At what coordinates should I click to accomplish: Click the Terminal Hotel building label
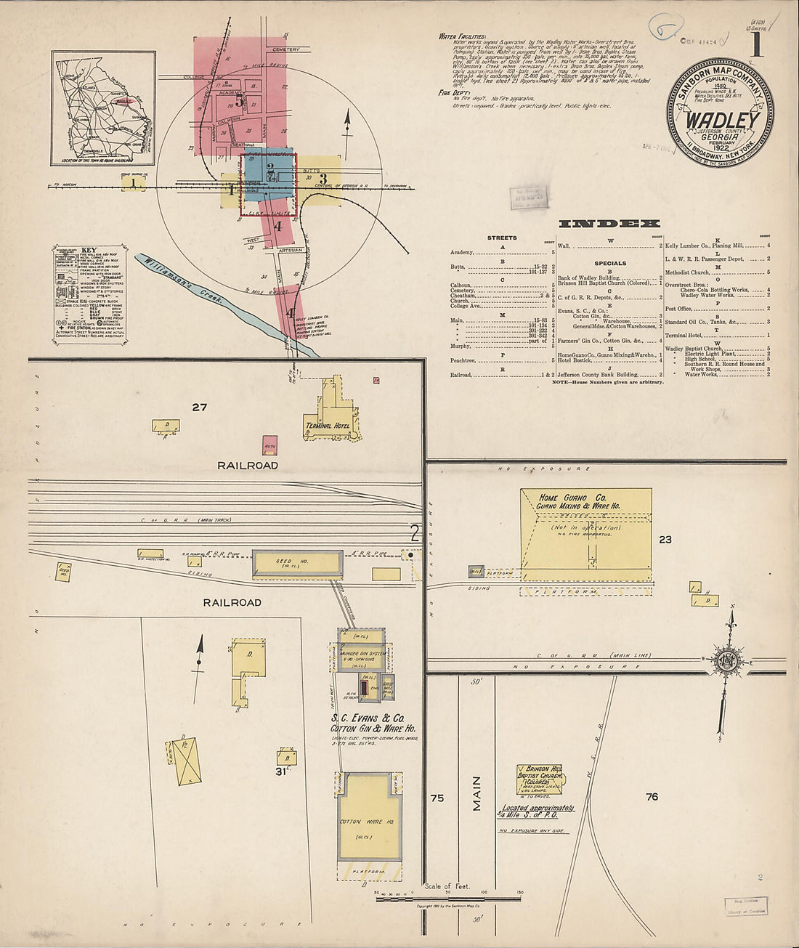pyautogui.click(x=330, y=426)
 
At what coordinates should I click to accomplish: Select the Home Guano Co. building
pyautogui.click(x=586, y=534)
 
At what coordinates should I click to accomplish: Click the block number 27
pyautogui.click(x=200, y=408)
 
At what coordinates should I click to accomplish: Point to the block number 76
pyautogui.click(x=652, y=797)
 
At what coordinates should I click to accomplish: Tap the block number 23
pyautogui.click(x=665, y=539)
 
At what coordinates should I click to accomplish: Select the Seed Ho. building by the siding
pyautogui.click(x=298, y=564)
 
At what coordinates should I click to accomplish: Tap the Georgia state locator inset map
pyautogui.click(x=103, y=107)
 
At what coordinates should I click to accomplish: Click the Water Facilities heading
pyautogui.click(x=462, y=36)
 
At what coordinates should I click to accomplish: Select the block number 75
pyautogui.click(x=437, y=798)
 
